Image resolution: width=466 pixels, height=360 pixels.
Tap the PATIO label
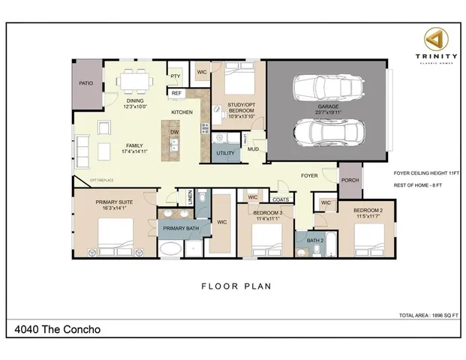pyautogui.click(x=86, y=83)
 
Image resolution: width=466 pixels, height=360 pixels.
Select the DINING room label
pyautogui.click(x=135, y=100)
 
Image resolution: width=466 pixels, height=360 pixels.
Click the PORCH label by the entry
pyautogui.click(x=349, y=180)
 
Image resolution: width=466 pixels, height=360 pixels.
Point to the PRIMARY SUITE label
pyautogui.click(x=114, y=202)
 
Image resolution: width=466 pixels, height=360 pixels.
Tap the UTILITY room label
pyautogui.click(x=225, y=153)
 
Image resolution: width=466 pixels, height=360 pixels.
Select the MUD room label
pyautogui.click(x=254, y=149)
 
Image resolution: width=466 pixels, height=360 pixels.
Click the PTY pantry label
pyautogui.click(x=175, y=76)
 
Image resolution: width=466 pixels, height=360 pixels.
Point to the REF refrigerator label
pyautogui.click(x=176, y=93)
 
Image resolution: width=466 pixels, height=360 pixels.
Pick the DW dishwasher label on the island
pyautogui.click(x=174, y=132)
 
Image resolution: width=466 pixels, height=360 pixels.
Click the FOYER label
pyautogui.click(x=309, y=175)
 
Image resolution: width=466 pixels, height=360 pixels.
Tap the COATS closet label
pyautogui.click(x=281, y=199)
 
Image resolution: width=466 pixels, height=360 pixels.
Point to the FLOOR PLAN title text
pyautogui.click(x=235, y=286)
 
